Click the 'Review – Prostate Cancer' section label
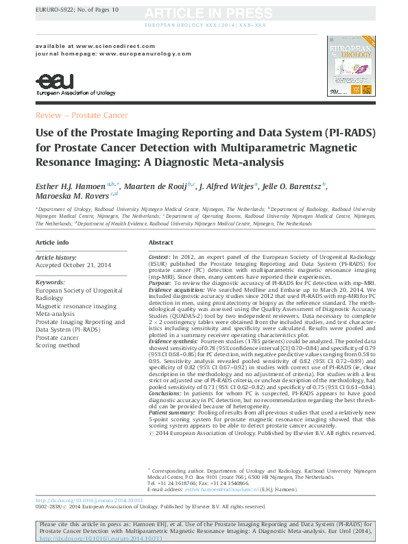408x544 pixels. tap(81, 115)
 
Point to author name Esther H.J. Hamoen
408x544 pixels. tap(73, 185)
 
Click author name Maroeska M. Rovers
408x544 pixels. tap(73, 196)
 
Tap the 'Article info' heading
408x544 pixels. tap(52, 243)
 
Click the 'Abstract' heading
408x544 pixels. tap(161, 243)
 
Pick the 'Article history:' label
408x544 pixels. tap(57, 256)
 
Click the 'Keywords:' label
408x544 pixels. tap(50, 281)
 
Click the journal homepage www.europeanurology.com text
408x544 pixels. tap(130, 52)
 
